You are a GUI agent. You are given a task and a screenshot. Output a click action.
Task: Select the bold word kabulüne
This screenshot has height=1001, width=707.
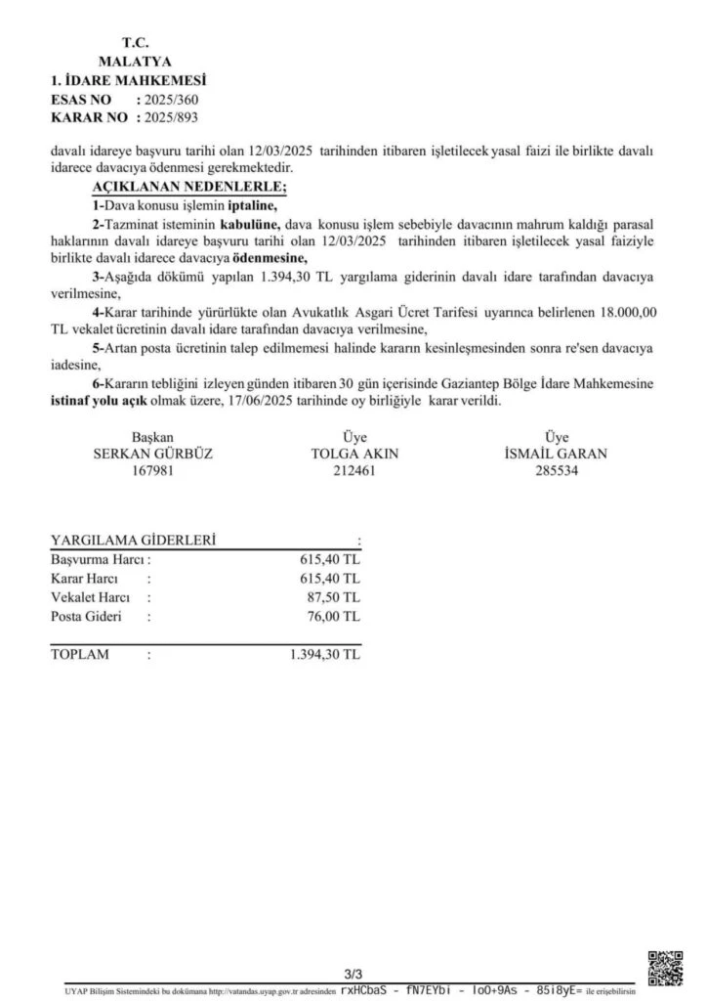click(x=251, y=225)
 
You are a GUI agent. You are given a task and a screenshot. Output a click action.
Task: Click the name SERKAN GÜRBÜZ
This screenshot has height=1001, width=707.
click(x=151, y=454)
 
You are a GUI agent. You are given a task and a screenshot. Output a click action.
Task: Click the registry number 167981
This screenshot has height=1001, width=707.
click(x=151, y=470)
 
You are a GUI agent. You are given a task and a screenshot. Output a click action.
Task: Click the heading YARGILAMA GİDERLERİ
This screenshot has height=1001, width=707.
click(x=134, y=541)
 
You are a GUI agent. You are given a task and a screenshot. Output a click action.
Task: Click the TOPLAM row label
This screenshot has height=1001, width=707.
click(x=80, y=654)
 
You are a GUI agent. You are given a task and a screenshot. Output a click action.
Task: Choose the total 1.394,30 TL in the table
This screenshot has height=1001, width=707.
click(x=325, y=654)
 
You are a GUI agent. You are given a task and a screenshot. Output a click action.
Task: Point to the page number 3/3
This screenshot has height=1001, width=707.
click(x=353, y=975)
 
